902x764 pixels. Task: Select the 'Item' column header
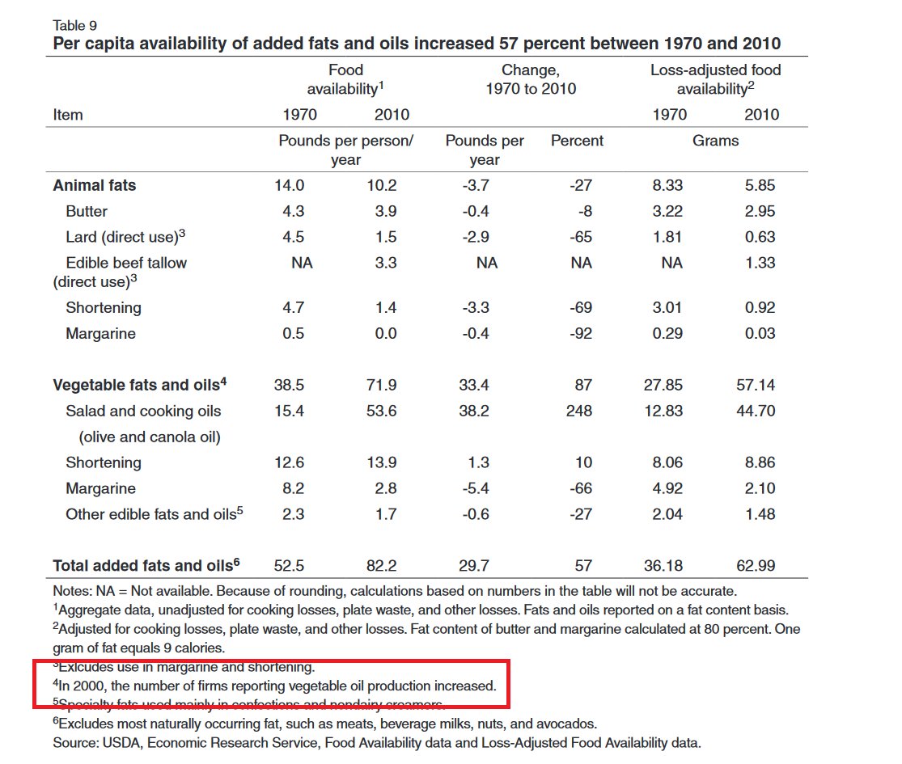point(68,115)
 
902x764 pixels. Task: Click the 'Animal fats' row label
point(95,185)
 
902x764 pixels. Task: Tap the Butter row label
point(87,211)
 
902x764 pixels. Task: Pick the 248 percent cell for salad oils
point(580,411)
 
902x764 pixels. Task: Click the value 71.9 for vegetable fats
point(381,385)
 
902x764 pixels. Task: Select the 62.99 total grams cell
point(759,565)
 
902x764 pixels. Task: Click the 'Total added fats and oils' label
point(146,565)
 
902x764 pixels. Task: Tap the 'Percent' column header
point(577,141)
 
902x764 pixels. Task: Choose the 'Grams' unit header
point(715,141)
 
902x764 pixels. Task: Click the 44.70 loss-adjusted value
point(759,411)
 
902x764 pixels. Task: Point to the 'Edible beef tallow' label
point(126,263)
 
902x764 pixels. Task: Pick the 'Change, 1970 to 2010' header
point(530,79)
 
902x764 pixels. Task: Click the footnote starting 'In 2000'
point(276,686)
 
